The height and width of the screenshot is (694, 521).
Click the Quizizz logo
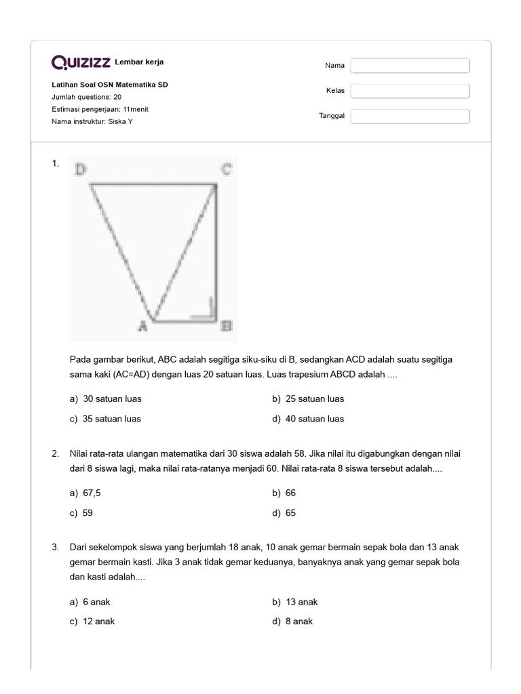(x=81, y=63)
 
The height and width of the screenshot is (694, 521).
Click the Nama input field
(x=410, y=66)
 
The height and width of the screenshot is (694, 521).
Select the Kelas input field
(x=410, y=91)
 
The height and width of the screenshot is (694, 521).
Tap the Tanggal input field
(x=410, y=117)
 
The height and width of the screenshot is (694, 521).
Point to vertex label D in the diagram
(x=81, y=170)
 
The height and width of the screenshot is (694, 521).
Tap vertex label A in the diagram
(x=142, y=327)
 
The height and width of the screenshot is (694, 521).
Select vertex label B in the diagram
(x=227, y=327)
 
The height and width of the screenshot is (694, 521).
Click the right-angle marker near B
(x=210, y=311)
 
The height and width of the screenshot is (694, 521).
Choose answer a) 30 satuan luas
(x=106, y=399)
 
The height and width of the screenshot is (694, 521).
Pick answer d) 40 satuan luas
(x=308, y=419)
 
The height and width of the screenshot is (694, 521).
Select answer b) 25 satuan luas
(x=308, y=399)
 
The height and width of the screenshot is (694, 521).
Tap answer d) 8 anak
(x=292, y=621)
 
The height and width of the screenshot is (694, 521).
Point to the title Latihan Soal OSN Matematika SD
(x=110, y=85)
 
